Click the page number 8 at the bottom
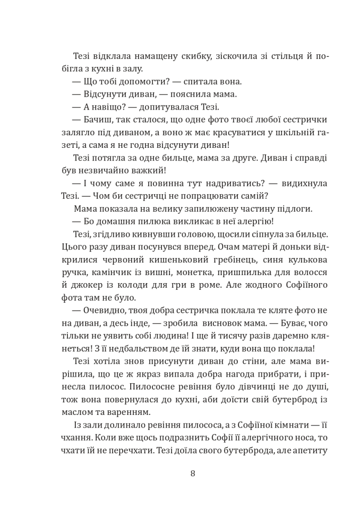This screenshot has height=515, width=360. [x=193, y=473]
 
